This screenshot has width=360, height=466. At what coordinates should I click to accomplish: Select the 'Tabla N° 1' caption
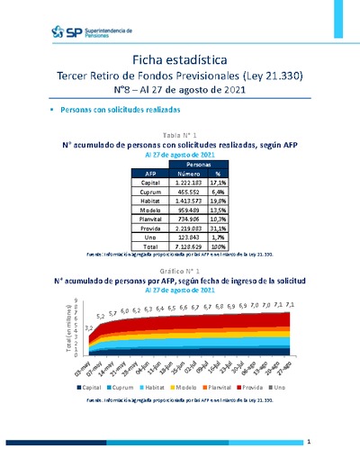[x=180, y=133]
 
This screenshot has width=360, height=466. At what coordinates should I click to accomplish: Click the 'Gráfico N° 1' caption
[x=180, y=271]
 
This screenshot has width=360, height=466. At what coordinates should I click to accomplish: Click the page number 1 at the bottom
[x=308, y=443]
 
